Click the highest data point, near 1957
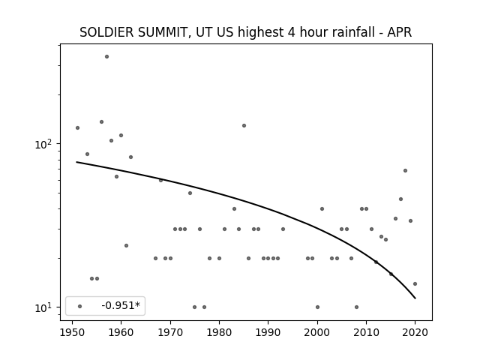pos(106,57)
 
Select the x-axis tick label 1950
pos(72,332)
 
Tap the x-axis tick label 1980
pos(219,332)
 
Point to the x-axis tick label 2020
pos(415,332)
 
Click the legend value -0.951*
pos(121,305)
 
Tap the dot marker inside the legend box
pos(80,306)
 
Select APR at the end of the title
pos(400,32)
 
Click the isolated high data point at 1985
pos(244,125)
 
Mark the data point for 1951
pos(77,127)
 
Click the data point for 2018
pos(405,170)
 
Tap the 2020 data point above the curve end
pos(415,283)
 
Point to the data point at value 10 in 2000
pos(317,307)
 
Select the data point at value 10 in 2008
pos(357,307)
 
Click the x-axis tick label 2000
pos(317,332)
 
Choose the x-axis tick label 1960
pos(121,332)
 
